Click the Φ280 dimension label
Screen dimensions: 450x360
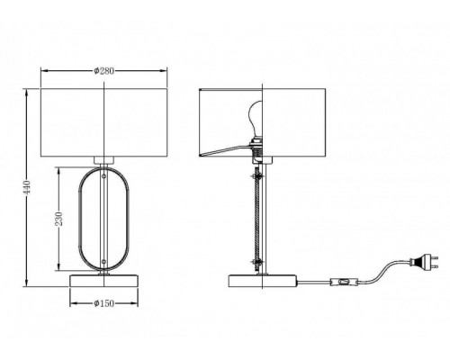[x=103, y=71]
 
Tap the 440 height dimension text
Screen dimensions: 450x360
[x=27, y=187]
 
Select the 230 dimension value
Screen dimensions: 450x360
[x=59, y=219]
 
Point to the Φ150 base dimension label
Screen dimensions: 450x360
[x=103, y=303]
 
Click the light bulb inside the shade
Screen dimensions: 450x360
[x=256, y=119]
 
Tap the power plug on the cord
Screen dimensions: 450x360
[x=424, y=262]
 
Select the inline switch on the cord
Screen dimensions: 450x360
[x=344, y=283]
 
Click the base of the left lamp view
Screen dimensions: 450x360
[x=103, y=281]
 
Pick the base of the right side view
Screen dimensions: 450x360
[x=263, y=281]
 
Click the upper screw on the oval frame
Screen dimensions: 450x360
[x=103, y=176]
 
